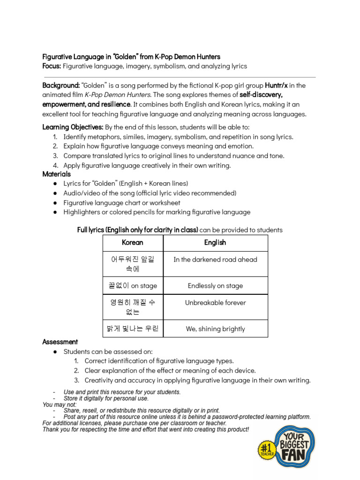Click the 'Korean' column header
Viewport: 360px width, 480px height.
click(133, 242)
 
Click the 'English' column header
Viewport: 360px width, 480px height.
click(215, 242)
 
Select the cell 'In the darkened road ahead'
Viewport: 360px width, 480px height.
click(215, 259)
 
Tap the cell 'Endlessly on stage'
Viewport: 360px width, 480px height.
click(215, 285)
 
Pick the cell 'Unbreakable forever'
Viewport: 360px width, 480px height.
click(215, 303)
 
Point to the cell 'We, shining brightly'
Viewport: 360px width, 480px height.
click(215, 329)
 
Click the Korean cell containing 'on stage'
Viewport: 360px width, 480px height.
click(133, 285)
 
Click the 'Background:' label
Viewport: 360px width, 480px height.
click(60, 85)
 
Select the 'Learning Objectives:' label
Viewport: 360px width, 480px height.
click(73, 127)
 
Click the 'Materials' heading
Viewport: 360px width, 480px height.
click(57, 174)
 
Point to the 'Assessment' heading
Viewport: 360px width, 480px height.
click(60, 342)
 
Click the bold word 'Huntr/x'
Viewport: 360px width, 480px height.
click(279, 85)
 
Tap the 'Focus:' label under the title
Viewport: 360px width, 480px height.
click(52, 66)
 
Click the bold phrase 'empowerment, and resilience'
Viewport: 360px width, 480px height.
click(85, 104)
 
